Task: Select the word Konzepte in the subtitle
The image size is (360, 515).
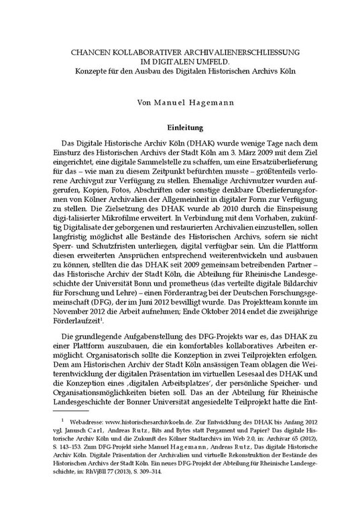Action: [x=88, y=71]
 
